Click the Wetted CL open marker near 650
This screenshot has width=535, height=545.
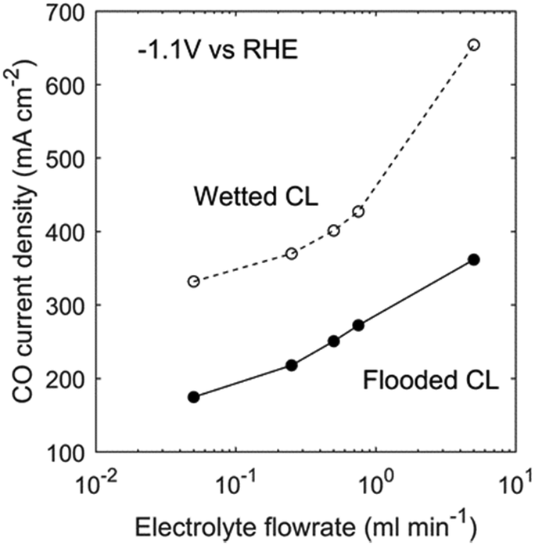click(x=473, y=45)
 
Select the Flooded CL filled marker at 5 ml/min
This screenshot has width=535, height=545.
click(x=473, y=259)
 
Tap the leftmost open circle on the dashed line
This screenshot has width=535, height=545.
click(x=194, y=281)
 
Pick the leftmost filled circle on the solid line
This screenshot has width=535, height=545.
click(x=194, y=397)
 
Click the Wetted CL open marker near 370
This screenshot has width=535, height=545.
click(x=292, y=253)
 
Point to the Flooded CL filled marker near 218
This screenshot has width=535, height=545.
click(x=292, y=365)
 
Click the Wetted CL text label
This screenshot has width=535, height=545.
click(x=255, y=197)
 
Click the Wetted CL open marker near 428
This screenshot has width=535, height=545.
click(x=358, y=211)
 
